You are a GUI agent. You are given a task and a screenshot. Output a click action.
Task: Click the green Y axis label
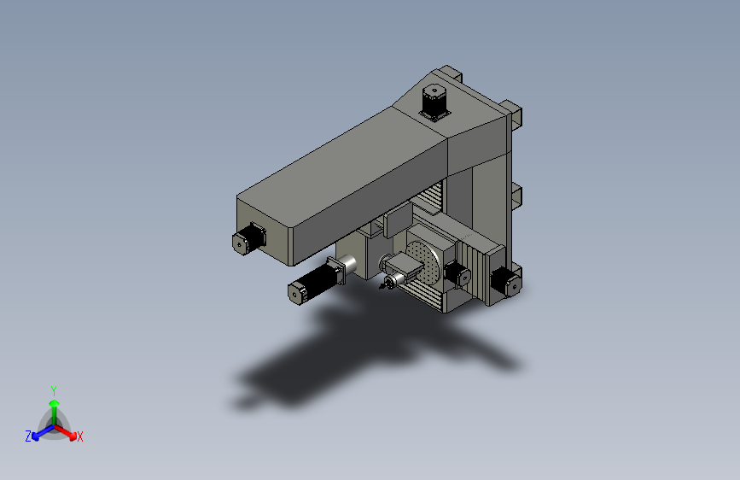click(54, 391)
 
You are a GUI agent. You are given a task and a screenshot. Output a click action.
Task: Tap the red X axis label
click(79, 436)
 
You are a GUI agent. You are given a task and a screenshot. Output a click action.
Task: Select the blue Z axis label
click(28, 436)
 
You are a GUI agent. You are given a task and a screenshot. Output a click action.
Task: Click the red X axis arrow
click(66, 432)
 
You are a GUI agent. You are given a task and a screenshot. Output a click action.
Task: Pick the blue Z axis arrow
click(44, 432)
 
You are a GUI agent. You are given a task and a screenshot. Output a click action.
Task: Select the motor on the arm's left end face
click(249, 238)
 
